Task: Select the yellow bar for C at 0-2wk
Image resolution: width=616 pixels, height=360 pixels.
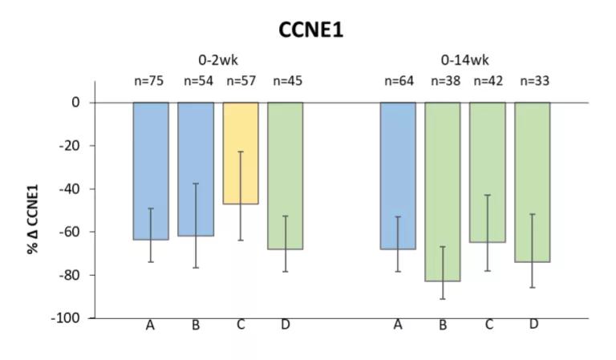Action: (241, 152)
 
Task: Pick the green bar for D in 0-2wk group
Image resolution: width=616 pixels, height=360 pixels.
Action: (286, 176)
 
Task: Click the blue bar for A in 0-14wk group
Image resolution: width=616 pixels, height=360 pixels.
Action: (398, 176)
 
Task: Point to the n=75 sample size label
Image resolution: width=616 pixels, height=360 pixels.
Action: (151, 80)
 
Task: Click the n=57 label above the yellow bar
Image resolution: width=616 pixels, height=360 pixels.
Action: (241, 80)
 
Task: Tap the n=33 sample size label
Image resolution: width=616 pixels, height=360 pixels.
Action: (533, 80)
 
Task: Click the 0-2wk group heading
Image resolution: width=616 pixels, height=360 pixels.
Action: (218, 60)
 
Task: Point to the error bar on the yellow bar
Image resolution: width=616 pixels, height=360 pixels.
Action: (241, 196)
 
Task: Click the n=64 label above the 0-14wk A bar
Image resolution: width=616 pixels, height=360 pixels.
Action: (398, 80)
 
